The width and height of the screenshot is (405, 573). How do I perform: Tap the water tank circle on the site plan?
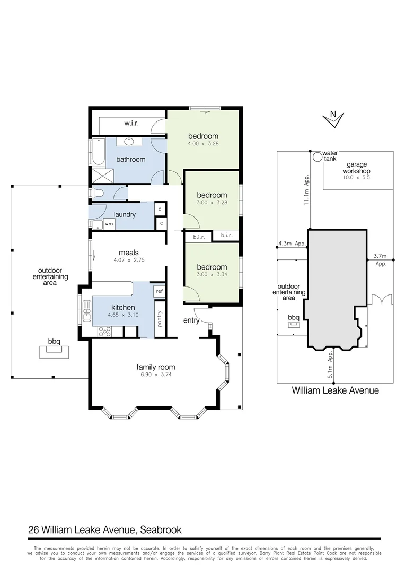point(317,157)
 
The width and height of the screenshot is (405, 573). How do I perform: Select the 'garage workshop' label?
point(356,168)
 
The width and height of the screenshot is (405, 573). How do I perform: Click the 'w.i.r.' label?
point(131,124)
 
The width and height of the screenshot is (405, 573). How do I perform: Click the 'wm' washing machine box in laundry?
point(109,224)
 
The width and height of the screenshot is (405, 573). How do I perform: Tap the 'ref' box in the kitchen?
point(159,291)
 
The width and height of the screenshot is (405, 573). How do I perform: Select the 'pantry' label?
point(160,319)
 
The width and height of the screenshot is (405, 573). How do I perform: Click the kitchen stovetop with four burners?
point(104,332)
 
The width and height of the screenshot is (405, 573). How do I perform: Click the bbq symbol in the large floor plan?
point(54,351)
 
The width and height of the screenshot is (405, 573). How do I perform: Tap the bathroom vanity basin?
point(129,142)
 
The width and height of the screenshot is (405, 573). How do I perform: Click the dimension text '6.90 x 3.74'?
point(156,375)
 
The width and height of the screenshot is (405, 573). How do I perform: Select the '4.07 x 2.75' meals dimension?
point(129,261)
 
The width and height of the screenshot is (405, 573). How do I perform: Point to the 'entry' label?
point(192,320)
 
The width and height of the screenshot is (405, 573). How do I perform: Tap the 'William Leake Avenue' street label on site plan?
point(336,390)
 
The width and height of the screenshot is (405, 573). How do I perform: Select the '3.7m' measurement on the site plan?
point(380,256)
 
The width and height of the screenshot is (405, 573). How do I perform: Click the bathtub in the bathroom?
point(98,152)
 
